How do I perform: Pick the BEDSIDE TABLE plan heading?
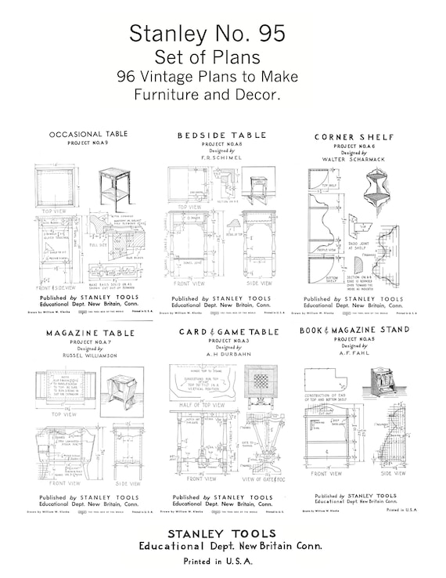click(221, 135)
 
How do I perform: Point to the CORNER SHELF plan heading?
click(354, 137)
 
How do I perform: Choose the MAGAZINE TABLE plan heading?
click(91, 333)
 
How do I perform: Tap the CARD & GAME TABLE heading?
click(228, 332)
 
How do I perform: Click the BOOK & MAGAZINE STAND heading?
click(354, 331)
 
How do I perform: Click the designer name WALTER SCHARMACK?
click(354, 159)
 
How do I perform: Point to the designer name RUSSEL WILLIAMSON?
click(91, 355)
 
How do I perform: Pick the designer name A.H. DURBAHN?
click(228, 354)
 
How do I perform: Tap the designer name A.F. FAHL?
click(354, 352)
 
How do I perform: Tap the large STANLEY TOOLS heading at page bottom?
click(222, 533)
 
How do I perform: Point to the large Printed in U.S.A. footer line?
click(222, 561)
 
